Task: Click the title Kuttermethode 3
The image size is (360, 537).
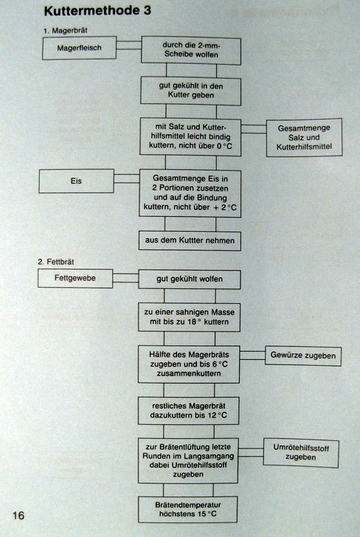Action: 97,10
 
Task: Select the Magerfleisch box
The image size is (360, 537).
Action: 79,48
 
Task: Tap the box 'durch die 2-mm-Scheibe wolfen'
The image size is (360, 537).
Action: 191,50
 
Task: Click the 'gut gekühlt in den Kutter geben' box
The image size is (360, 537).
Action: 191,91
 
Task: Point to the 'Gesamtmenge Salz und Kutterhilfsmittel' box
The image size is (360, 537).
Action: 304,137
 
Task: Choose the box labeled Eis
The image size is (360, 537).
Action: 76,181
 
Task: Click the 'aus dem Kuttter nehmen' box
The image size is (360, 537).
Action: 190,240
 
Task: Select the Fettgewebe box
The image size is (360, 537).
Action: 75,278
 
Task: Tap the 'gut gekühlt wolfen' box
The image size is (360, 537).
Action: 190,279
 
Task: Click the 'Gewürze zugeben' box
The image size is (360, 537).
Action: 303,356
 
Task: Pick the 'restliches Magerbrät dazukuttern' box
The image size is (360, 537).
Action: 189,411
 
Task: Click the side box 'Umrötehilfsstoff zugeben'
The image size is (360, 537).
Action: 301,452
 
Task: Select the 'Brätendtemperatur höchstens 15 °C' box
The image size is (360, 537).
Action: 187,509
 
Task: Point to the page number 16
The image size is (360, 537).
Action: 18,515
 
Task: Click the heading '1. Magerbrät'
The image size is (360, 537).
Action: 66,30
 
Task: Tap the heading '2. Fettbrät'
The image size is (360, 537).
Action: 56,262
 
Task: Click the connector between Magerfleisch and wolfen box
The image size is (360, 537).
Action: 129,45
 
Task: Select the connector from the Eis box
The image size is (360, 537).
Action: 127,179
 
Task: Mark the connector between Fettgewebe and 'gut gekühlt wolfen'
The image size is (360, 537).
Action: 125,278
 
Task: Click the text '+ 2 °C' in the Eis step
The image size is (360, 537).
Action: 225,207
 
